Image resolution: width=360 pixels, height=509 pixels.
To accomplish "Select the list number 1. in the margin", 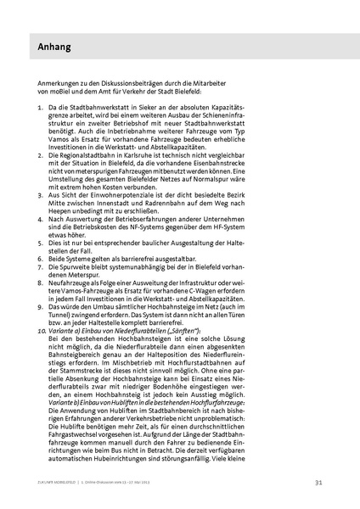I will (42, 110).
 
